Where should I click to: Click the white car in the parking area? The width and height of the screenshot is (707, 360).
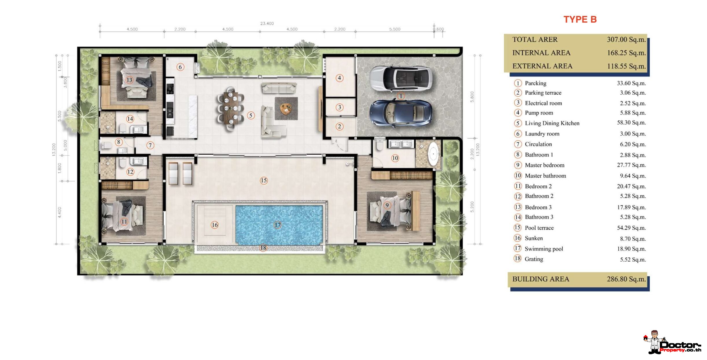pos(401,78)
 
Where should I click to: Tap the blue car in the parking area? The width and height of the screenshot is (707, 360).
pos(401,113)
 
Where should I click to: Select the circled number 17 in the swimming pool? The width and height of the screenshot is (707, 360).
pos(277,225)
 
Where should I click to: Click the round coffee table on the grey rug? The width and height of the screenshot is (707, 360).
pos(286,109)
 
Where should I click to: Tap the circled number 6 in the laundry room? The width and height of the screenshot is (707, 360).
pos(180,67)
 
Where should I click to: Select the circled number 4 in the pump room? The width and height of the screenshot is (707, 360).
pos(339,78)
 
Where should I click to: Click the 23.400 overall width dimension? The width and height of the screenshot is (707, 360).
pos(267,23)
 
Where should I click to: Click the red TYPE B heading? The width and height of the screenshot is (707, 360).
pos(580,19)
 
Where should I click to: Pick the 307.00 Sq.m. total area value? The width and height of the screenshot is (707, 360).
pos(626,40)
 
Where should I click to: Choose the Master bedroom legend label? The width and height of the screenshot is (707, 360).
pos(544,165)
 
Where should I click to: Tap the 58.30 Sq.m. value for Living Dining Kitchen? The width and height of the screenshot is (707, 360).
pos(631,123)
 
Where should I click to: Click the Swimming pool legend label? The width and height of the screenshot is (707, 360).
pos(544,249)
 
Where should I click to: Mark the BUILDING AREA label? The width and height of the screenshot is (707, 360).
pos(541,279)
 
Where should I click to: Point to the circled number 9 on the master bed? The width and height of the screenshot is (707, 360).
pos(387,205)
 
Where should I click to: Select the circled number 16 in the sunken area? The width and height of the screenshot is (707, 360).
pos(215,225)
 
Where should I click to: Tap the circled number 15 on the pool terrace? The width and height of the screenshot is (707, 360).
pos(264,181)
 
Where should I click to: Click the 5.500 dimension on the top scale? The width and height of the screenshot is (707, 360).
pos(395,29)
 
